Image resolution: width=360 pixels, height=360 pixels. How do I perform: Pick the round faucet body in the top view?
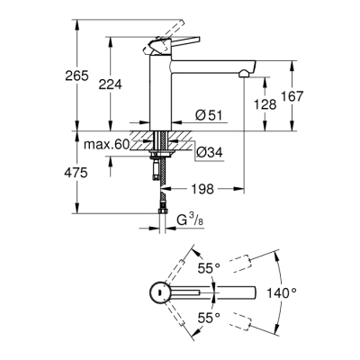[157, 292]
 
